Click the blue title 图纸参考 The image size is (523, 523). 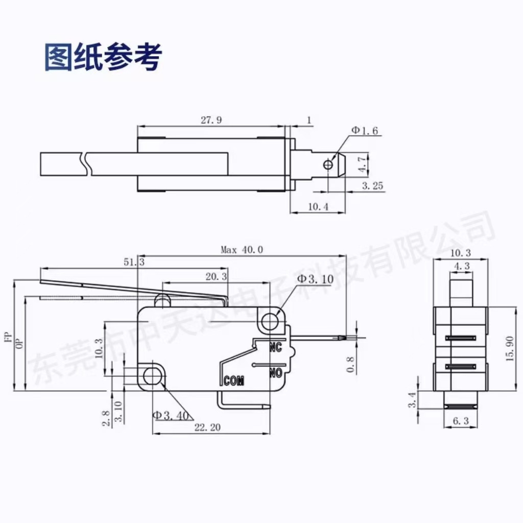pyautogui.click(x=103, y=57)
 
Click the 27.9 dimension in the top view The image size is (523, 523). pyautogui.click(x=211, y=120)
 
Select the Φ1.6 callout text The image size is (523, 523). pyautogui.click(x=365, y=130)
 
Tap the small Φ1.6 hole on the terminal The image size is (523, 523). pyautogui.click(x=328, y=164)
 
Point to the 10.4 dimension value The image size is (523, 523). pyautogui.click(x=318, y=207)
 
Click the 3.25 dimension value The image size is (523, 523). pyautogui.click(x=372, y=186)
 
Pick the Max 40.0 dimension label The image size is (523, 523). pyautogui.click(x=242, y=250)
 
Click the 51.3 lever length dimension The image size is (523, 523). pyautogui.click(x=134, y=262)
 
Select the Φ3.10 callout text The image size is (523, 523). pyautogui.click(x=315, y=279)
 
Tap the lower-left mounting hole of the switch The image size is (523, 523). pyautogui.click(x=152, y=376)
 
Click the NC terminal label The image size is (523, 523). pyautogui.click(x=275, y=347)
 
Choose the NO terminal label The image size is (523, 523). pyautogui.click(x=275, y=373)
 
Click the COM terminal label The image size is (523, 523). pyautogui.click(x=234, y=381)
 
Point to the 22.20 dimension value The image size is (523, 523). pyautogui.click(x=207, y=427)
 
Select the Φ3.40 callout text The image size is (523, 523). pyautogui.click(x=171, y=415)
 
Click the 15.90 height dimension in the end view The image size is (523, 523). pyautogui.click(x=510, y=348)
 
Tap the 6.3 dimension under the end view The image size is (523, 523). pyautogui.click(x=461, y=421)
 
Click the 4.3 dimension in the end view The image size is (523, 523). pyautogui.click(x=462, y=266)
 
